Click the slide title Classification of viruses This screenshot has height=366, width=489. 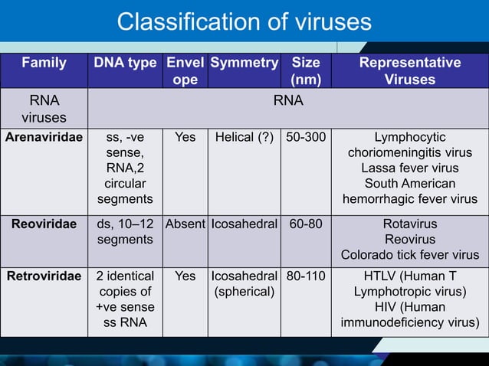pyautogui.click(x=244, y=21)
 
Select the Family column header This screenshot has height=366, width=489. pyautogui.click(x=44, y=63)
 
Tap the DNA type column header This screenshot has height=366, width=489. pyautogui.click(x=125, y=63)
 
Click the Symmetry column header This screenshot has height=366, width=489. pyautogui.click(x=244, y=63)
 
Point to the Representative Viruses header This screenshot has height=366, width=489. pyautogui.click(x=410, y=71)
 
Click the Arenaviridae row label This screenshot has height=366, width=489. pyautogui.click(x=44, y=138)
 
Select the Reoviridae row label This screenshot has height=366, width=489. pyautogui.click(x=44, y=224)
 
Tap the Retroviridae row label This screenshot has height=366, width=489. pyautogui.click(x=44, y=275)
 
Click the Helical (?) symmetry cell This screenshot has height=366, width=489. pyautogui.click(x=244, y=138)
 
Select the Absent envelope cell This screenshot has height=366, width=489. pyautogui.click(x=185, y=224)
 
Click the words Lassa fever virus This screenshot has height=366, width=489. pyautogui.click(x=410, y=168)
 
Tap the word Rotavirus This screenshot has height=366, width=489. pyautogui.click(x=410, y=224)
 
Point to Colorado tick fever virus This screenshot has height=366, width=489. pyautogui.click(x=410, y=255)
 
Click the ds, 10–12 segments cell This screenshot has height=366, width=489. pyautogui.click(x=125, y=232)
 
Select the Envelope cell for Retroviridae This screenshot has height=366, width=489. pyautogui.click(x=185, y=275)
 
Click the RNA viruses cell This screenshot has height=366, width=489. pyautogui.click(x=44, y=109)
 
